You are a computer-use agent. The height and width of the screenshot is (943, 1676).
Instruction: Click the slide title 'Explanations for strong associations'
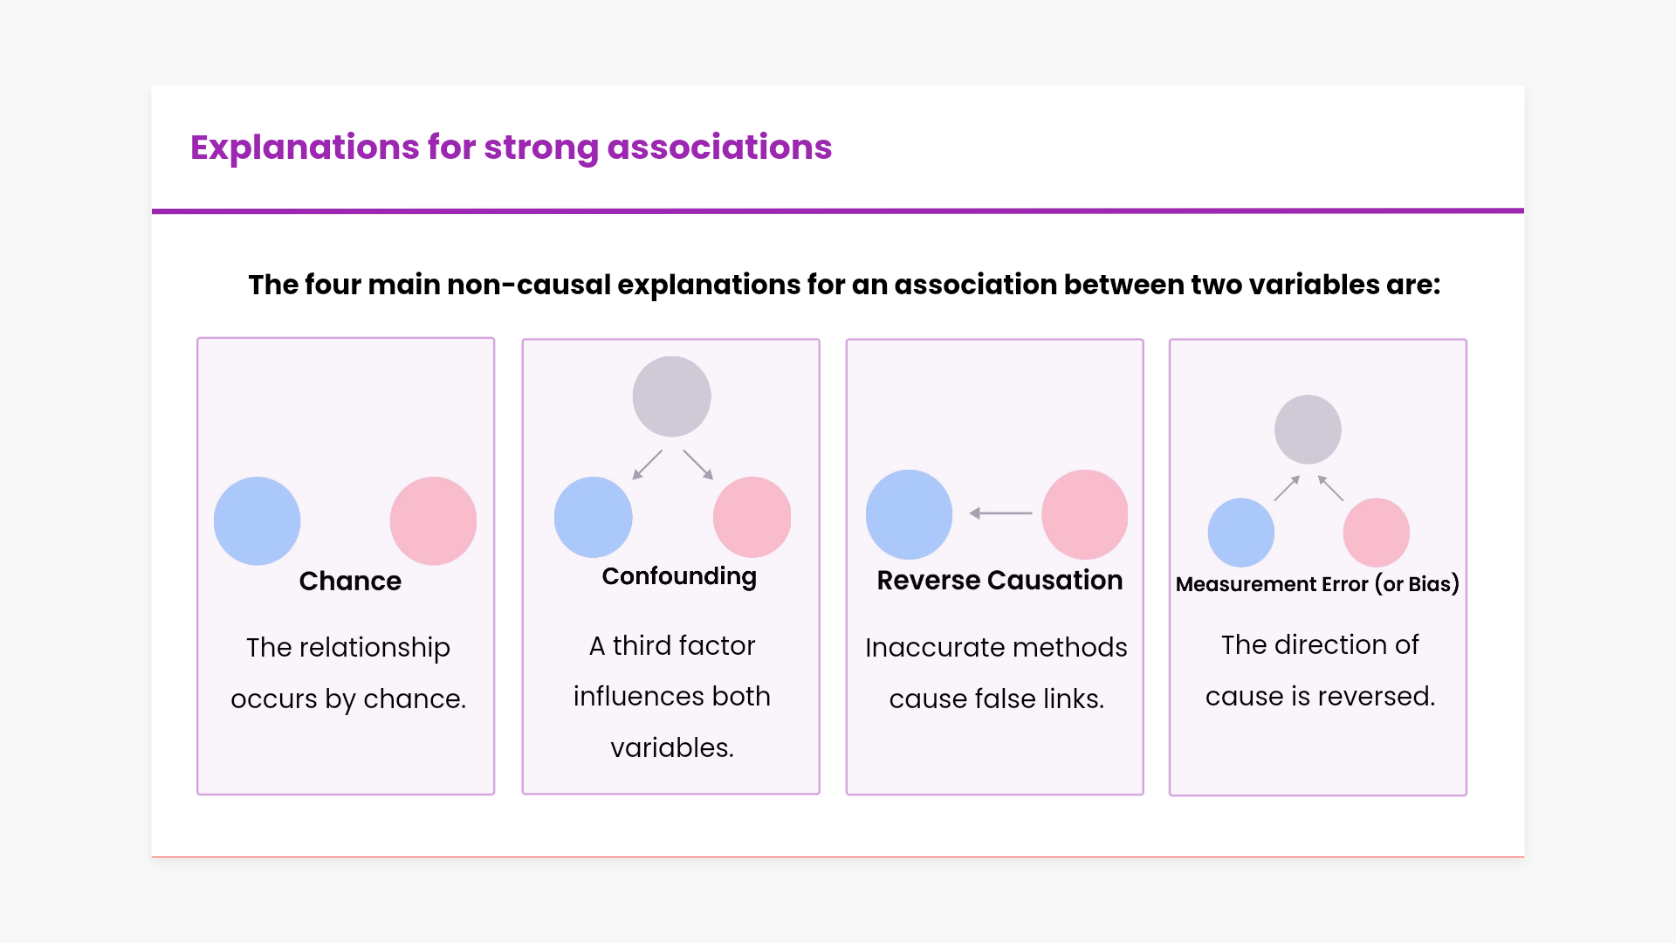click(x=511, y=148)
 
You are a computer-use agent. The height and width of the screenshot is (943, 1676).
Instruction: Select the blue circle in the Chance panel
click(x=258, y=520)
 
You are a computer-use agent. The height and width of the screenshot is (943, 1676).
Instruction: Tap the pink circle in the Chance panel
click(x=433, y=520)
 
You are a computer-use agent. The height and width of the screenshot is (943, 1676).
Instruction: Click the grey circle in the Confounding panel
click(x=671, y=396)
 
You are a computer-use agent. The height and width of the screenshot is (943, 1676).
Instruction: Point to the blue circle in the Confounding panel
click(x=594, y=517)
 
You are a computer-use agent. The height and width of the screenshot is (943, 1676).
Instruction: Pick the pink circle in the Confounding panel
click(x=752, y=517)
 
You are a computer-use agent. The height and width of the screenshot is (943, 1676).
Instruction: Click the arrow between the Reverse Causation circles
click(x=1000, y=513)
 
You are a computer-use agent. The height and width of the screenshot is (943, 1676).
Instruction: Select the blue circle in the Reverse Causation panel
click(x=909, y=514)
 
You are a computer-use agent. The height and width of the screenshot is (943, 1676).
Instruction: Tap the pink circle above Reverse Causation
click(x=1085, y=514)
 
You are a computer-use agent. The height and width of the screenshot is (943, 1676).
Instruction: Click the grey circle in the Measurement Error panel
click(x=1308, y=430)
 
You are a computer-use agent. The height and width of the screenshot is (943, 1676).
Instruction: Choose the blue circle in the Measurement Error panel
click(x=1241, y=533)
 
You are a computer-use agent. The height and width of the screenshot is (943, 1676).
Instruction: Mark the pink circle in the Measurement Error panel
click(x=1377, y=533)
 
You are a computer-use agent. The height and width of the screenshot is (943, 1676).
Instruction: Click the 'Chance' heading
click(x=350, y=582)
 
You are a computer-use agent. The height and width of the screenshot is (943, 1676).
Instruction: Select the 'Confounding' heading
click(x=679, y=577)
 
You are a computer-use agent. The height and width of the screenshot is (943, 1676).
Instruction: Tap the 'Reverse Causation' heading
click(x=999, y=581)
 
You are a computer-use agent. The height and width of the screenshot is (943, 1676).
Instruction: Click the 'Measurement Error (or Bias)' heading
click(x=1317, y=584)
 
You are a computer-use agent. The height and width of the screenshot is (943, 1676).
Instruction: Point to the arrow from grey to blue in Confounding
click(x=648, y=465)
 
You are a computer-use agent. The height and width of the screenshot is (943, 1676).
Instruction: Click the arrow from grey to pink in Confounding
click(x=698, y=465)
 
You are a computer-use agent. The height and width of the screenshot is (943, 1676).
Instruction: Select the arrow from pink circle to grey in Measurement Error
click(x=1330, y=488)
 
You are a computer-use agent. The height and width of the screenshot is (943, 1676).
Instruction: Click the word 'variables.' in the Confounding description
click(x=672, y=748)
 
